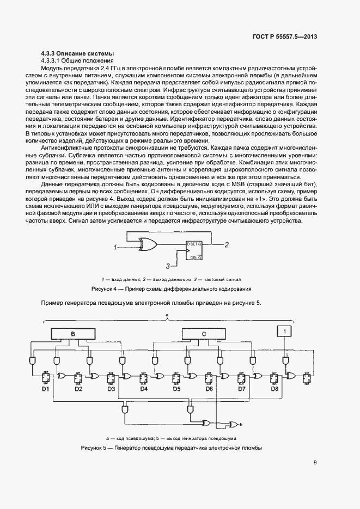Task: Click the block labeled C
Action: click(x=204, y=334)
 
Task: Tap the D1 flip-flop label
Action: click(x=46, y=389)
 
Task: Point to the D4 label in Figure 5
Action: click(x=144, y=389)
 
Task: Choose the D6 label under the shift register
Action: click(x=209, y=389)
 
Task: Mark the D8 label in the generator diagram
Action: click(x=274, y=389)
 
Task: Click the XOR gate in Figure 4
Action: click(x=149, y=244)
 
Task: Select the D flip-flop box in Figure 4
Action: click(x=194, y=249)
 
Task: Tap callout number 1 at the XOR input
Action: click(x=115, y=248)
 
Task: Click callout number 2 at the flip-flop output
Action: click(x=227, y=244)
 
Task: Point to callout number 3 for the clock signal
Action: click(x=168, y=266)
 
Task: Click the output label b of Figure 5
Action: click(x=241, y=424)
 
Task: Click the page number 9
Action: click(x=315, y=463)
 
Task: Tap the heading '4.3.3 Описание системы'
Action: click(x=78, y=53)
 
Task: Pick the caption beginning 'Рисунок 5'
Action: click(x=172, y=447)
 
